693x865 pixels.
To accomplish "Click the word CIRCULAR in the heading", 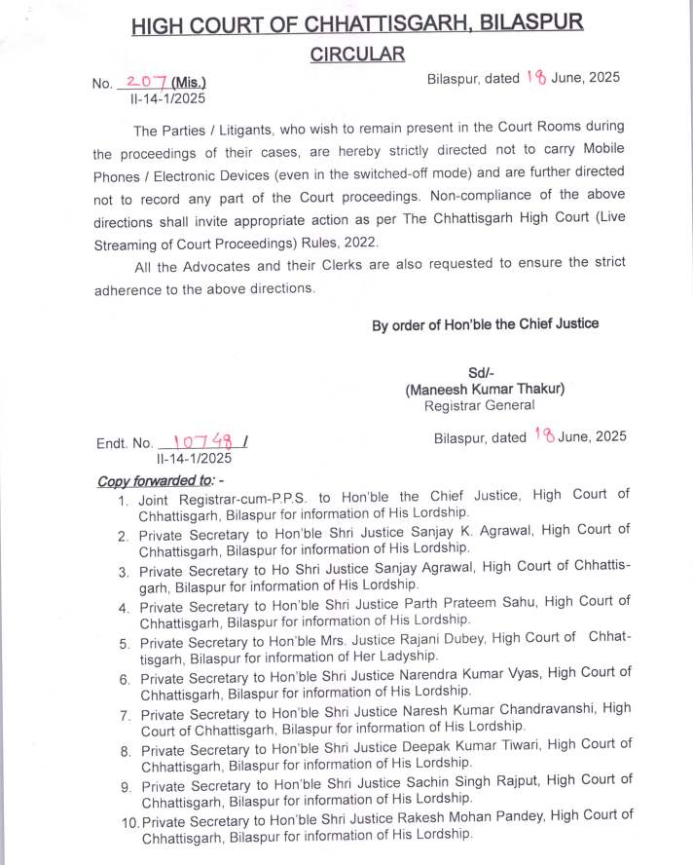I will click(357, 55).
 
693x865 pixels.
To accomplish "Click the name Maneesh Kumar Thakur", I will click(485, 389).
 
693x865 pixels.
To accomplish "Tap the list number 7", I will click(126, 714).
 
